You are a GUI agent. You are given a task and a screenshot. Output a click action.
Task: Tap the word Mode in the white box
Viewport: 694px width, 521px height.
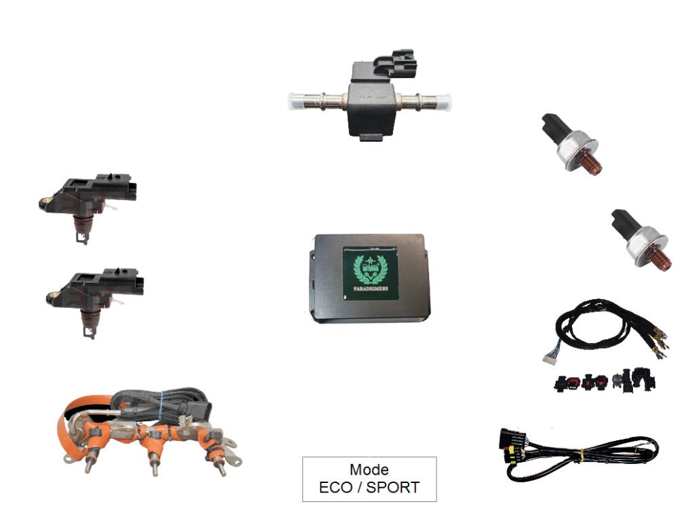pos(369,469)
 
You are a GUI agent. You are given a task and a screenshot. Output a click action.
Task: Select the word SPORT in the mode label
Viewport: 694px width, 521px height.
pos(393,487)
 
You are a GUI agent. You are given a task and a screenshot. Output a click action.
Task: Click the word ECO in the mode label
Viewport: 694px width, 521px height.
pos(337,487)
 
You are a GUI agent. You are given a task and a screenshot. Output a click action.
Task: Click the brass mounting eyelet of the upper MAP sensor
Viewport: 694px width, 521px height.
pos(45,200)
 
